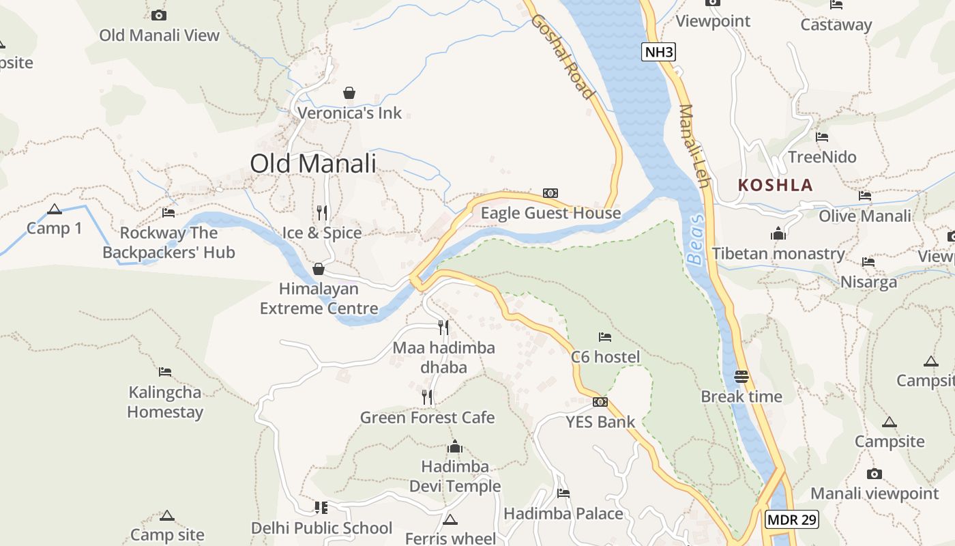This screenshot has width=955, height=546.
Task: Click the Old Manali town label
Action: pos(313,164)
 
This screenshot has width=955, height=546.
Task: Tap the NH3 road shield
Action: pos(658,52)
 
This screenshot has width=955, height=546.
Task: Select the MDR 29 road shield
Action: pos(791,519)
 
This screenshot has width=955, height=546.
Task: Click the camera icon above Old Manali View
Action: pos(159,15)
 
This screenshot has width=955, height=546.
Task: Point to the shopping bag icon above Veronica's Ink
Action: pos(349,92)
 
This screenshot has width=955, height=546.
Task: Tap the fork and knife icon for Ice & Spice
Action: pos(322,212)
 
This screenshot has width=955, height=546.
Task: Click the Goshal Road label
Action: pos(563,56)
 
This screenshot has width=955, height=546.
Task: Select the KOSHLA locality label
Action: pos(776,185)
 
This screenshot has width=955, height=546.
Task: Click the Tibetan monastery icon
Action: pos(778,234)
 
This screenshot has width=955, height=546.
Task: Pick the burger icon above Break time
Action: pos(741,376)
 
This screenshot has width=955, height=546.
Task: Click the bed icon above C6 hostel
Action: pos(605,336)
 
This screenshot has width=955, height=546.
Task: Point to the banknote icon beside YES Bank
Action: pos(600,402)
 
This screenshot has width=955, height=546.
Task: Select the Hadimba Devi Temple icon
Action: pos(455,447)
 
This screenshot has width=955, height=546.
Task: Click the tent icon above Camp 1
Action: pos(55,209)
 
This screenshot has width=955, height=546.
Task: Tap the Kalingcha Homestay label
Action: pos(165,402)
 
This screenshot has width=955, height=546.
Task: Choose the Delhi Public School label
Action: pos(322,528)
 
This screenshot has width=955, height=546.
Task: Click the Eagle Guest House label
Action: pos(550,213)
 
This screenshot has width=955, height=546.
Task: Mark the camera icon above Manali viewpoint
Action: pos(875,474)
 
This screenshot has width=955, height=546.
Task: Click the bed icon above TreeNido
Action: pos(822,137)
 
